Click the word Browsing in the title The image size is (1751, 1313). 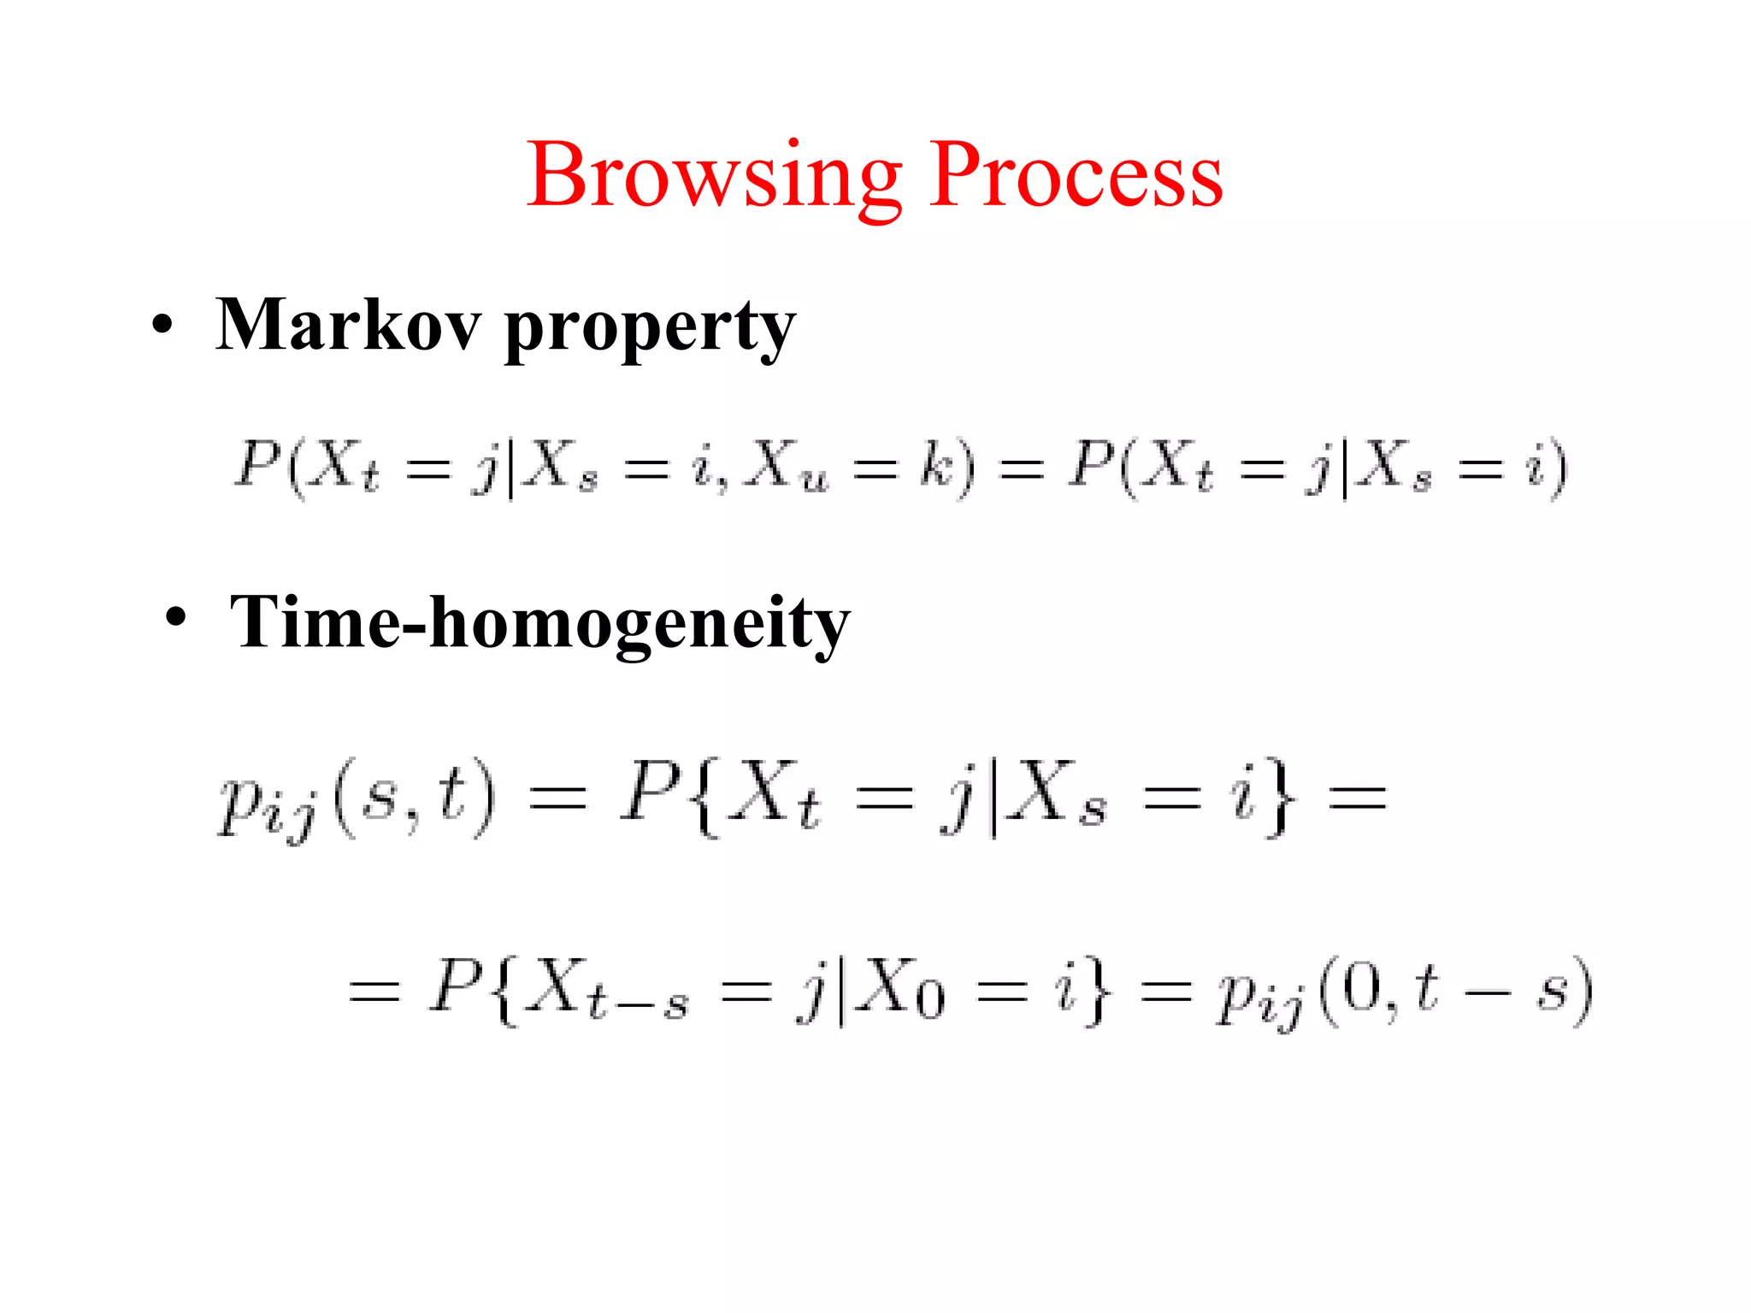coord(714,175)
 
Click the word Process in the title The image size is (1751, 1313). coord(1076,175)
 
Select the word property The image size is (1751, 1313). coord(650,329)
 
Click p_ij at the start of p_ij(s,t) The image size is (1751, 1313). coord(265,804)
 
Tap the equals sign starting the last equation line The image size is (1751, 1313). coord(374,992)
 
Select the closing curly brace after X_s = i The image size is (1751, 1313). coord(1279,799)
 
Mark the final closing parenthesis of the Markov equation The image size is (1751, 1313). coord(1558,468)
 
